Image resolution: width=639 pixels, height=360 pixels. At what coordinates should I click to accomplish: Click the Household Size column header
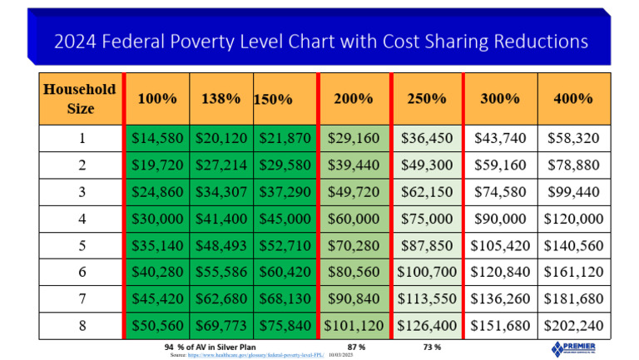[x=81, y=98]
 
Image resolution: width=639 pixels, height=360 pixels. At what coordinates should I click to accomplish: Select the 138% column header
[x=221, y=98]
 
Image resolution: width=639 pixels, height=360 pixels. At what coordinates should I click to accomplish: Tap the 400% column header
[x=574, y=98]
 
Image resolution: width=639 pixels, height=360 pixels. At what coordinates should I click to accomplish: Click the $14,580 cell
[x=157, y=138]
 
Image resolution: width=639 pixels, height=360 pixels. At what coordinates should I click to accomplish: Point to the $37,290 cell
[x=285, y=192]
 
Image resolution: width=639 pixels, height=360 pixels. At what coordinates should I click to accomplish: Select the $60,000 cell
[x=353, y=219]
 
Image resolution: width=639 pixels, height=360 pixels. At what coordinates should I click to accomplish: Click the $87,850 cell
[x=427, y=246]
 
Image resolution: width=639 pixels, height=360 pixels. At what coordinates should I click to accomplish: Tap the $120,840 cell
[x=501, y=272]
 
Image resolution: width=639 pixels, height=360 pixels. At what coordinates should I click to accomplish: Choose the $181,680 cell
[x=574, y=298]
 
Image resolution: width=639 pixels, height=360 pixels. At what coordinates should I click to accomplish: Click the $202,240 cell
[x=574, y=325]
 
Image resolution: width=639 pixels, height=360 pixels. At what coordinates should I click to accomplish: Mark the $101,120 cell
[x=354, y=325]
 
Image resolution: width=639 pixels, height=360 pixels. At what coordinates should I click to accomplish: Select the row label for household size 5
[x=81, y=246]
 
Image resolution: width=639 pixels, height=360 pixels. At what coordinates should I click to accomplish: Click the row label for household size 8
[x=81, y=325]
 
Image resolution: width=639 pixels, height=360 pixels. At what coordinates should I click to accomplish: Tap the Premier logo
[x=574, y=348]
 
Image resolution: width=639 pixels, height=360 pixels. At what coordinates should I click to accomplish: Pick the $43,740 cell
[x=501, y=138]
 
